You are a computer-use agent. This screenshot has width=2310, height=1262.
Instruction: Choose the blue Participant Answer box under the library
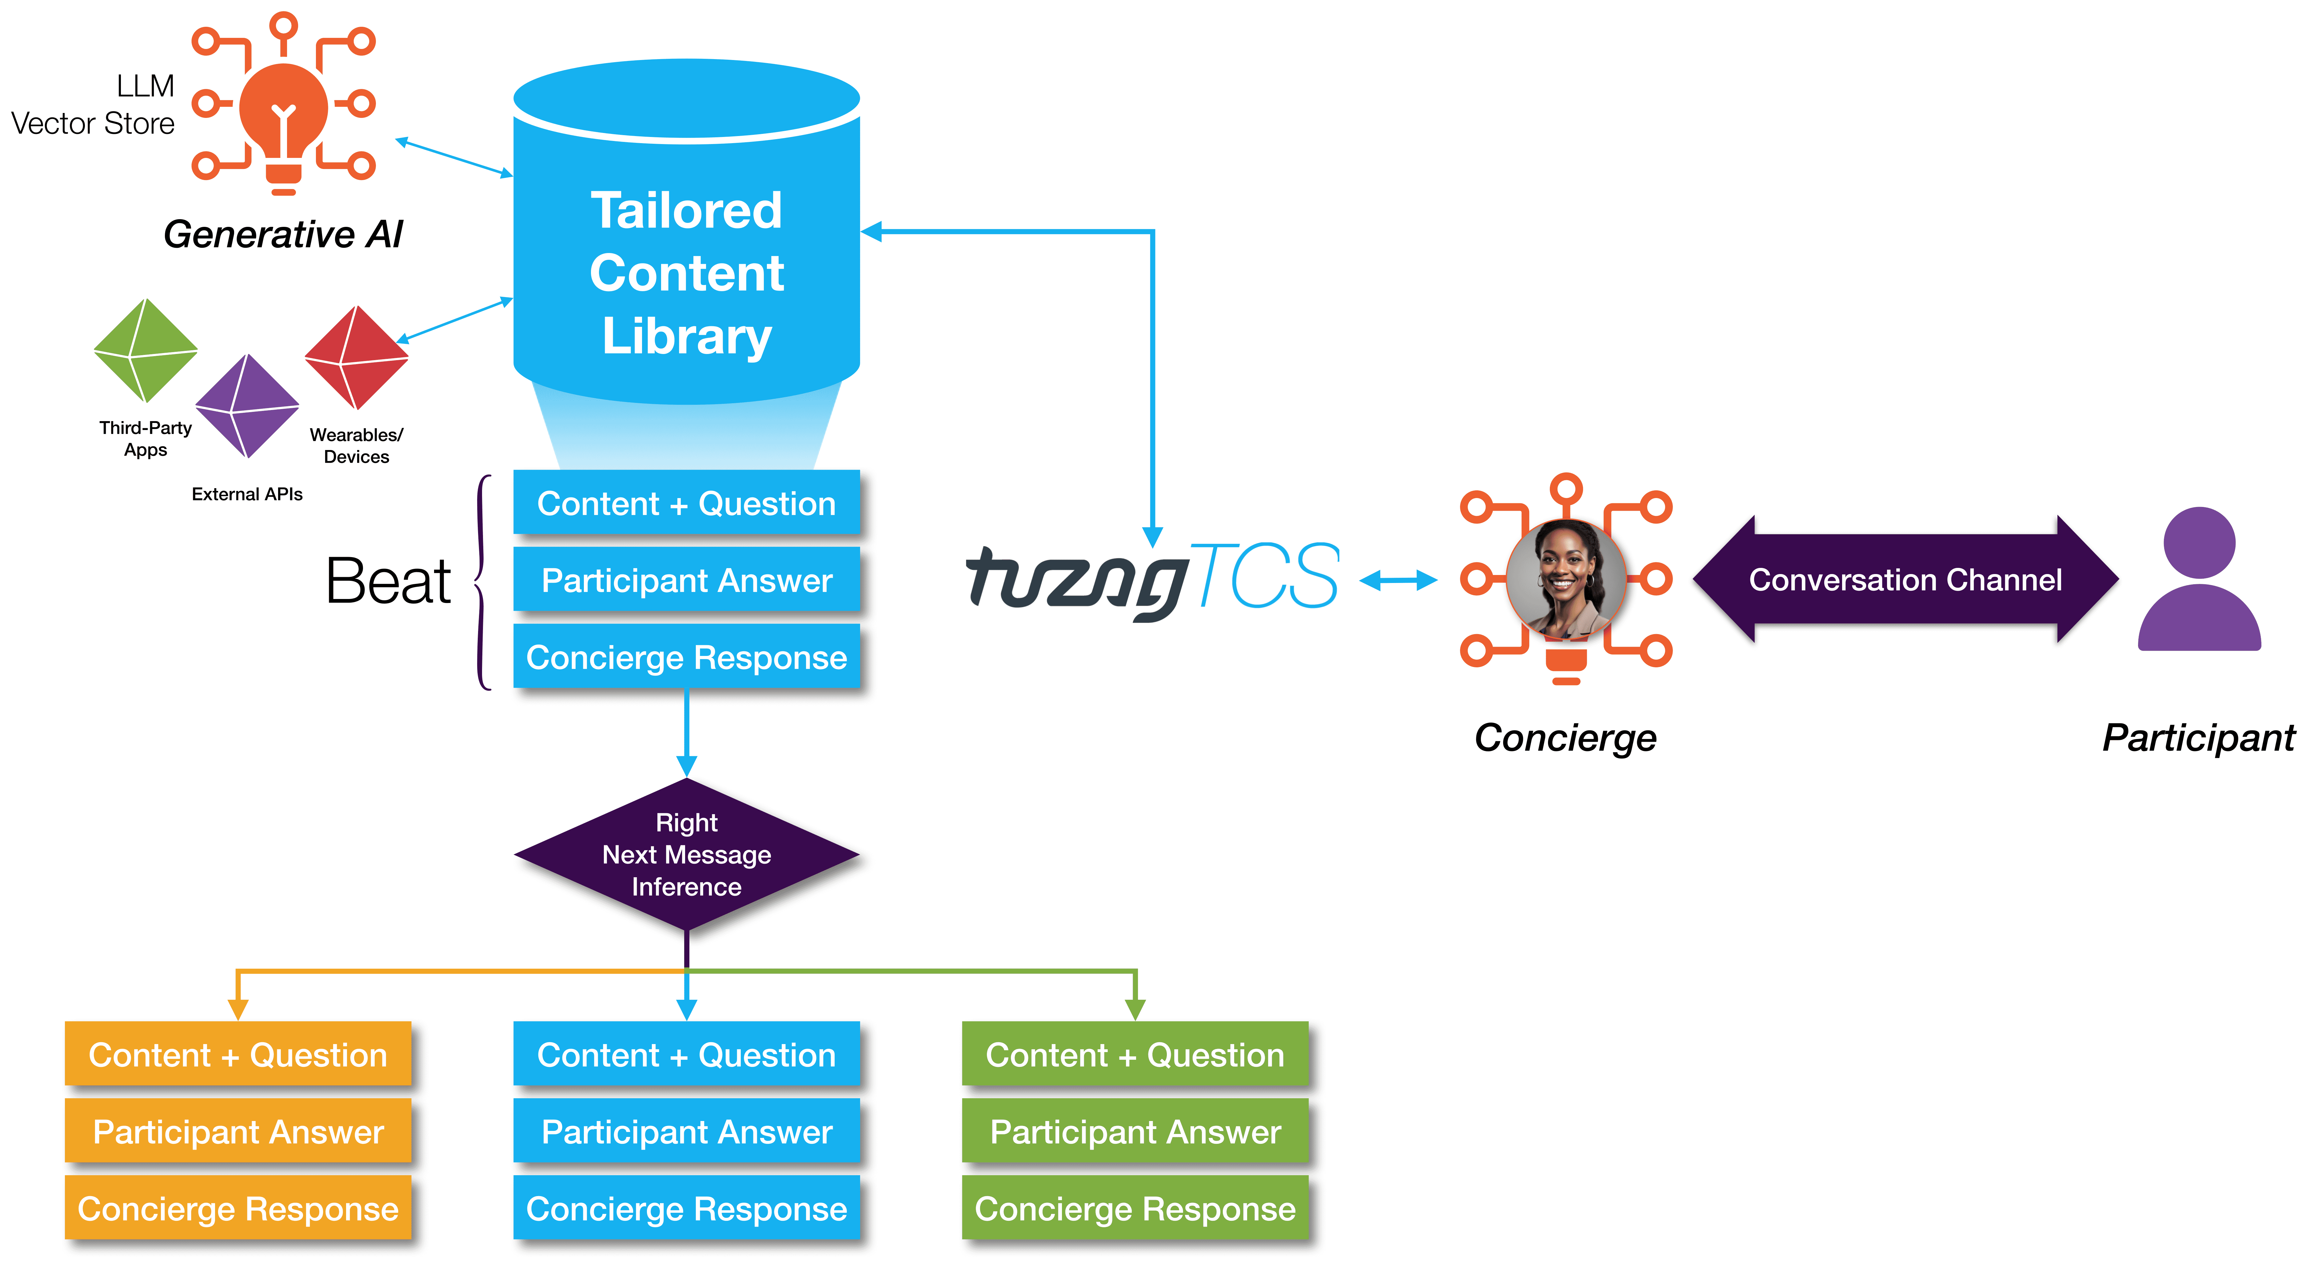(x=686, y=580)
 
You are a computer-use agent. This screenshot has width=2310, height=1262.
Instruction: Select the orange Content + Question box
(x=237, y=1055)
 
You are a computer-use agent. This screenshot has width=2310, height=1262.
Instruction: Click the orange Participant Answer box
(x=237, y=1132)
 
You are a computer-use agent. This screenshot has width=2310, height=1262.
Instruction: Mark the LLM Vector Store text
(x=94, y=105)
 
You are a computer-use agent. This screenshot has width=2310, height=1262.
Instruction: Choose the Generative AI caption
(x=283, y=234)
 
